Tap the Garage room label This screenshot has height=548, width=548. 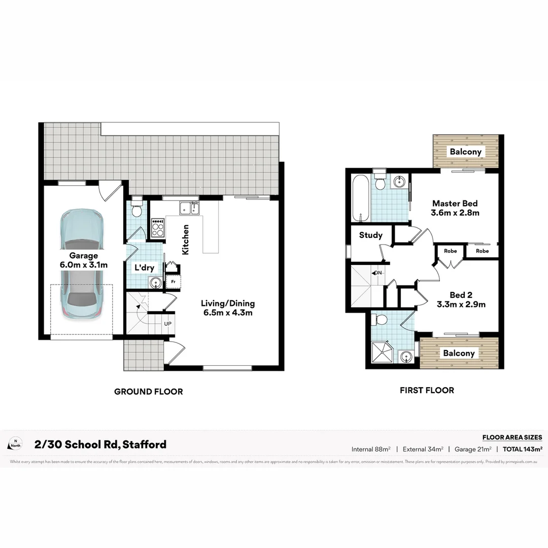84,260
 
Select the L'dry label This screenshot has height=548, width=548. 144,267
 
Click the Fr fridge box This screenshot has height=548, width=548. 173,281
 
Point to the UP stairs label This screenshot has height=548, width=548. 167,323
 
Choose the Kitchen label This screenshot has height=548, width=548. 186,239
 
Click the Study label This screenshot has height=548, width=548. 370,235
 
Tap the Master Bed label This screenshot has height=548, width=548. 455,208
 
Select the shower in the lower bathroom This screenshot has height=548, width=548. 385,352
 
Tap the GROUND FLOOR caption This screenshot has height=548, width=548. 148,391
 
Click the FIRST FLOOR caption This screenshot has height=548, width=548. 427,390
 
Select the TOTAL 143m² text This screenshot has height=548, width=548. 523,449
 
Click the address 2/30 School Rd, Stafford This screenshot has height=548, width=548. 100,444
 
